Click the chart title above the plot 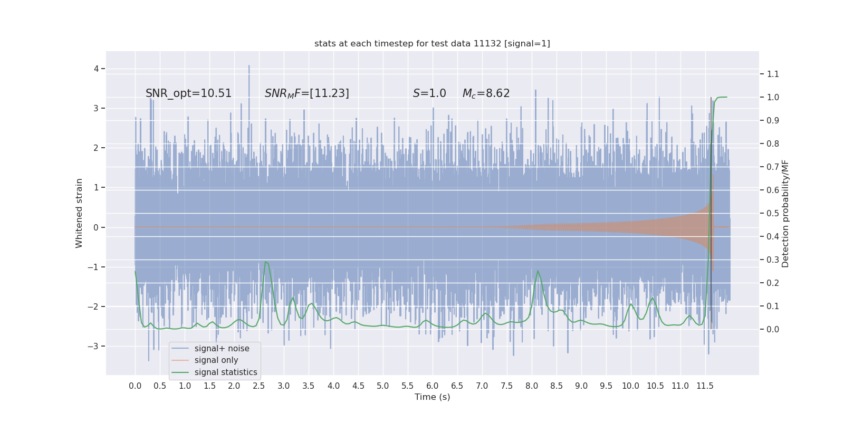pyautogui.click(x=432, y=44)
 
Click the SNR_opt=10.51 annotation pyautogui.click(x=188, y=93)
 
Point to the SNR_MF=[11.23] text pyautogui.click(x=306, y=93)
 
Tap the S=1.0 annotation pyautogui.click(x=429, y=93)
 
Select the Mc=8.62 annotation pyautogui.click(x=486, y=93)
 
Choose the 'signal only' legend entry pyautogui.click(x=216, y=360)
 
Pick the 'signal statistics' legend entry pyautogui.click(x=226, y=372)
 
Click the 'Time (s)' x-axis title pyautogui.click(x=432, y=397)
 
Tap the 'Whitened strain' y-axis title pyautogui.click(x=79, y=213)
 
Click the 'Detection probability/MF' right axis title pyautogui.click(x=785, y=213)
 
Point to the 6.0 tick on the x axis pyautogui.click(x=432, y=386)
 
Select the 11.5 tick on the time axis pyautogui.click(x=705, y=386)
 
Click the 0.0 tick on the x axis pyautogui.click(x=135, y=386)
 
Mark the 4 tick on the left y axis pyautogui.click(x=97, y=69)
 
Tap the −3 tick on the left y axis pyautogui.click(x=94, y=347)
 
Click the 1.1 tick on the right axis pyautogui.click(x=773, y=74)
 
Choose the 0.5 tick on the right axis pyautogui.click(x=773, y=214)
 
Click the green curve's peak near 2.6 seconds pyautogui.click(x=265, y=262)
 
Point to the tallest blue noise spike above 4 pyautogui.click(x=249, y=66)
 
